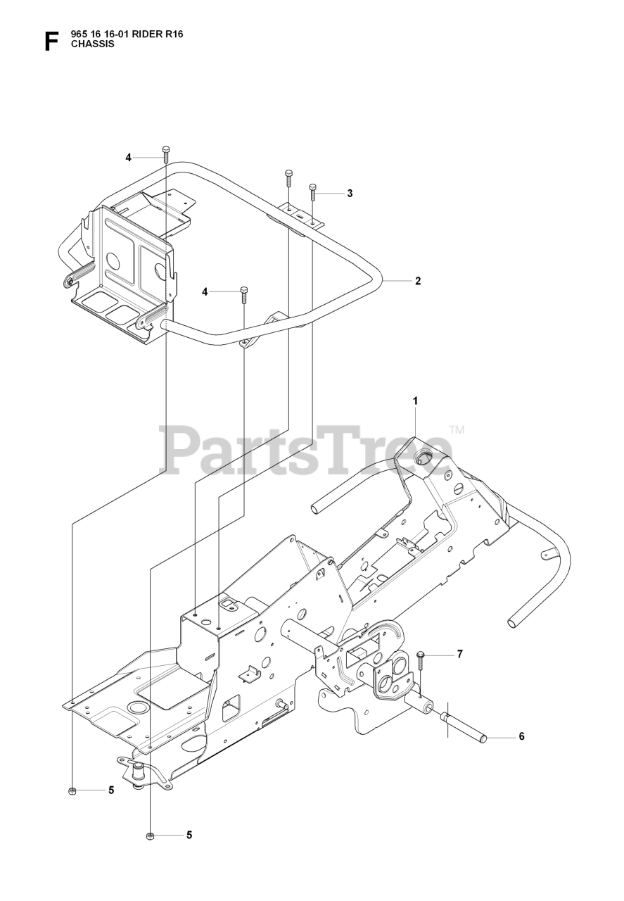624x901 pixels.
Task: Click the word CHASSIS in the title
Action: [91, 44]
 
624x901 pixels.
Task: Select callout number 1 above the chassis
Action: [416, 401]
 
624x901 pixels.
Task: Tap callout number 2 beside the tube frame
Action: [418, 281]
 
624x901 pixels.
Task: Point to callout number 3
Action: [350, 194]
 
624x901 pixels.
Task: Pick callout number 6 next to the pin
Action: [521, 737]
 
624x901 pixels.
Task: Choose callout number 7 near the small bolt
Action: [459, 655]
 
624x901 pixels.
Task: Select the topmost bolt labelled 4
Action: [166, 154]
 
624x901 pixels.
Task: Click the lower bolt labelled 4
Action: [244, 294]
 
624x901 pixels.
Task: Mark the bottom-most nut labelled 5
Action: [149, 836]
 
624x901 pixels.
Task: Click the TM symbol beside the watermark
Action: [457, 429]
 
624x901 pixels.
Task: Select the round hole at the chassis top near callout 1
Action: [424, 459]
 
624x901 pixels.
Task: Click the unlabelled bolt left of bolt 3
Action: [288, 178]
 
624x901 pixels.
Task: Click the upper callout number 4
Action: [129, 158]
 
